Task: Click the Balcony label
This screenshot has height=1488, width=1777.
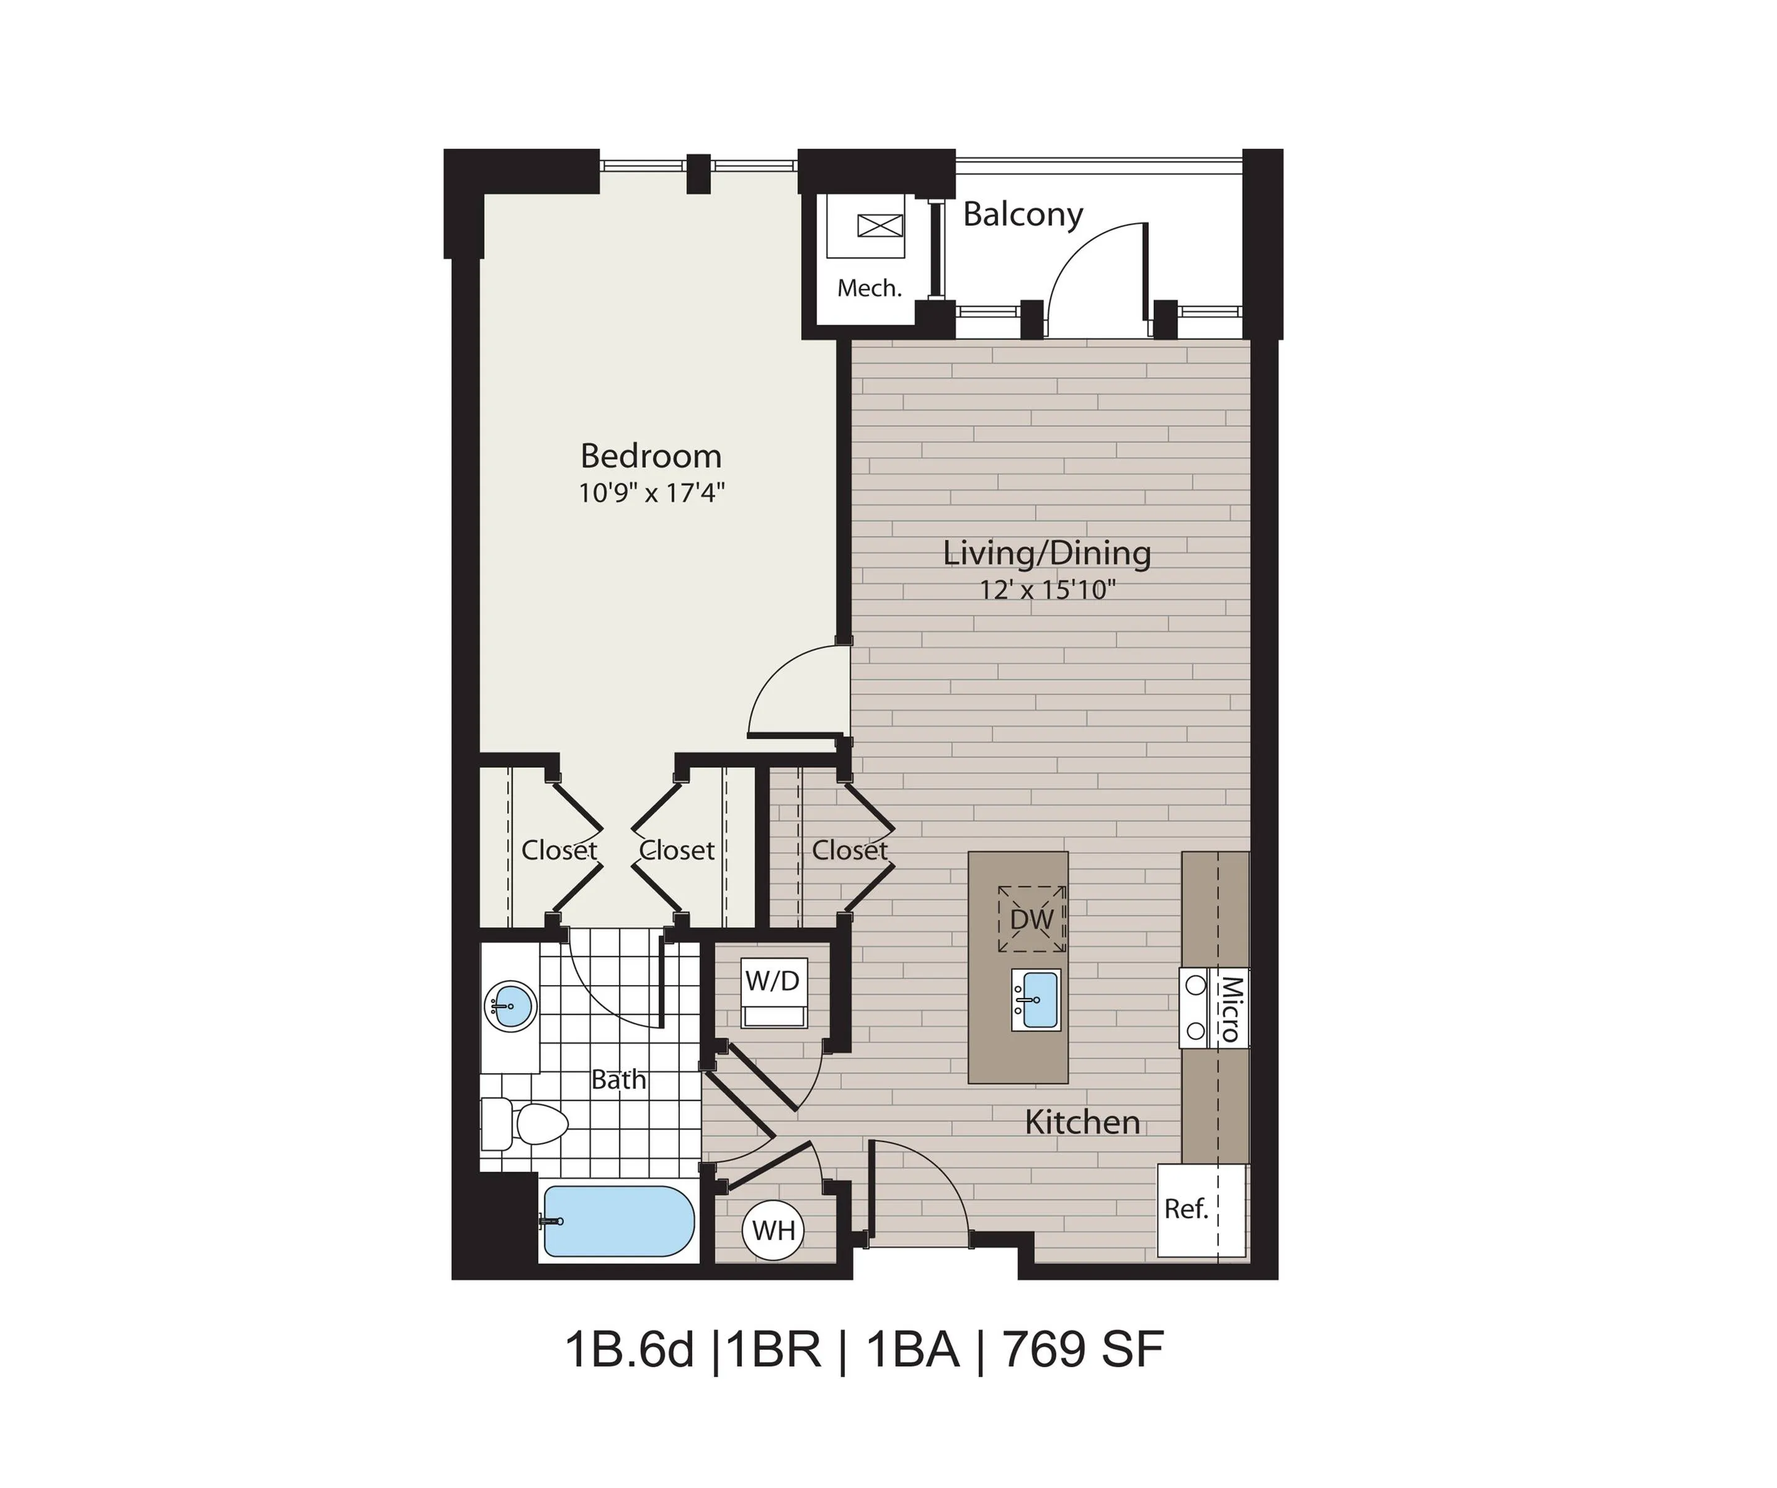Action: click(1022, 215)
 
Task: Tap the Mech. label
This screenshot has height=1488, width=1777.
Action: click(869, 288)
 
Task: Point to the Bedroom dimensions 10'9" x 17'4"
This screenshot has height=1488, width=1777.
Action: click(651, 492)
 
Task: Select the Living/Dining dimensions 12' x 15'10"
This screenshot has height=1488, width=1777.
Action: click(1048, 589)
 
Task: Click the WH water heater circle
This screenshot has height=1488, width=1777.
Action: click(773, 1230)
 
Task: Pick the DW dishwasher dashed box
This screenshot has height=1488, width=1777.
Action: click(1031, 919)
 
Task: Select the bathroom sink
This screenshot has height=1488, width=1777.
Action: click(511, 1006)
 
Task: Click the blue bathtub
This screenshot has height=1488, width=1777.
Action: click(618, 1221)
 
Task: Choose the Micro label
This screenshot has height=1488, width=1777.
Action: click(1229, 1008)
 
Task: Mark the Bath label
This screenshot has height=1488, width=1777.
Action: click(618, 1079)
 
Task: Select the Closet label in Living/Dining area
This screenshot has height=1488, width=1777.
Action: click(850, 850)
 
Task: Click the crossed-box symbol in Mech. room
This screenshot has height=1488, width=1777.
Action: click(880, 226)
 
